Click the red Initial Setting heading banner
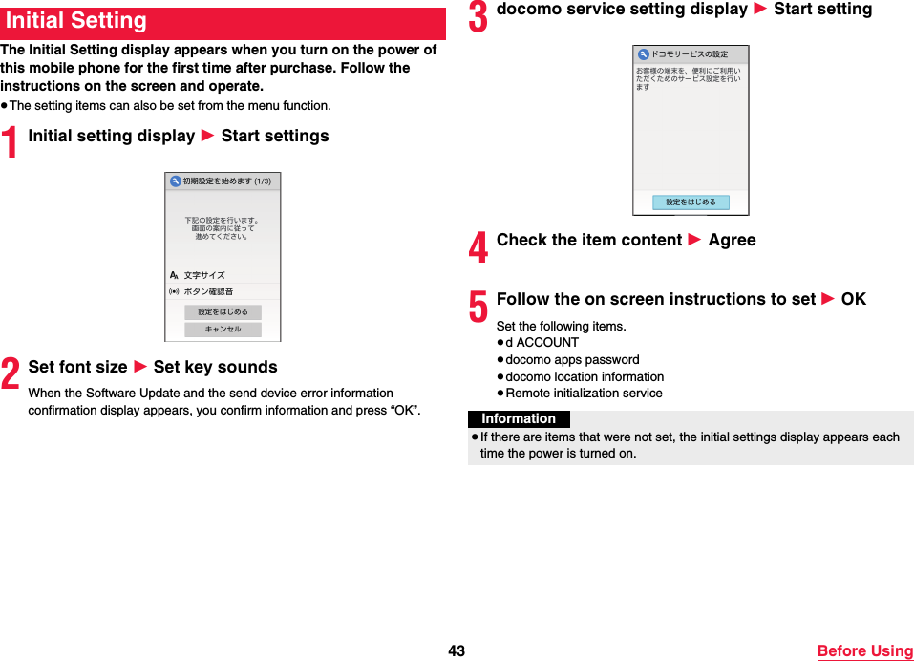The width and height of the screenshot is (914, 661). pos(223,22)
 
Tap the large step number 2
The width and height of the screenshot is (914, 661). pos(11,373)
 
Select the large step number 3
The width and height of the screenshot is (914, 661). pos(478,16)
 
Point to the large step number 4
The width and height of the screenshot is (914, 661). pos(478,247)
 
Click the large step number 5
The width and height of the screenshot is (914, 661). pos(478,307)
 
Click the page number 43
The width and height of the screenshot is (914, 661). pos(457,650)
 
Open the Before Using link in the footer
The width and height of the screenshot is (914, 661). pos(864,650)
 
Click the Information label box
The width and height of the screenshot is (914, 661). pos(519,419)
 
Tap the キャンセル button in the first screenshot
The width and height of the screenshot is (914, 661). pos(223,330)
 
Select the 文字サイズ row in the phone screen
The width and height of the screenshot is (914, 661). pos(223,275)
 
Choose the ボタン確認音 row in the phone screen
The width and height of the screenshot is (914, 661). pos(223,291)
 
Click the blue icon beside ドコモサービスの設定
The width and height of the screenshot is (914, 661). pos(643,54)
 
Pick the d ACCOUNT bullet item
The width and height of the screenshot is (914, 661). pos(542,343)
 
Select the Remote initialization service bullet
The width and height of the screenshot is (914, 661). pos(583,393)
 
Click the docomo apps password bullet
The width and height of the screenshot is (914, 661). pos(572,360)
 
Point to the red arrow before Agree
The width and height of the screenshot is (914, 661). pos(694,241)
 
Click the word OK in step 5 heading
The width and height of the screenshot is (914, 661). pos(853,299)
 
